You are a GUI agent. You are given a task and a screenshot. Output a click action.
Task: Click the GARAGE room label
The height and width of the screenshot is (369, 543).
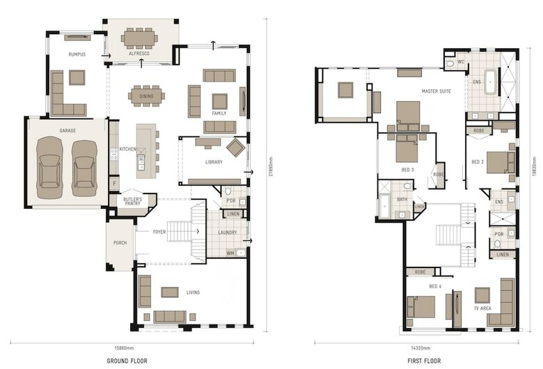tap(68, 131)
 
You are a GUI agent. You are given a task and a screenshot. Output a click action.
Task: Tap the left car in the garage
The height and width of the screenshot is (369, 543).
tap(49, 167)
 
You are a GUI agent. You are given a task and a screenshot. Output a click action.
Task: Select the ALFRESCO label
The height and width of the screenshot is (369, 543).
tap(139, 54)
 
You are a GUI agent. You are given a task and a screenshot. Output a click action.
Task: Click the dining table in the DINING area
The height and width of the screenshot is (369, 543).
tap(146, 96)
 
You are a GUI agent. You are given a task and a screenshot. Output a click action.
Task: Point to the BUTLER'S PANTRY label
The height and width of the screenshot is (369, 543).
tap(133, 201)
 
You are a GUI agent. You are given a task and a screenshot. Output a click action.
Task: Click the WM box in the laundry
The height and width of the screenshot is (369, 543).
tap(230, 253)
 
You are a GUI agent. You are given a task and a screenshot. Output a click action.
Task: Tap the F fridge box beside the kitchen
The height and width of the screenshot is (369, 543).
tap(114, 183)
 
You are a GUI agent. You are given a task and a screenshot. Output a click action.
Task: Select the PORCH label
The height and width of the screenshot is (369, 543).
tap(120, 243)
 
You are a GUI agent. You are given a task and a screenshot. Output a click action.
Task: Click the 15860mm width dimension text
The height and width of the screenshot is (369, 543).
tap(124, 348)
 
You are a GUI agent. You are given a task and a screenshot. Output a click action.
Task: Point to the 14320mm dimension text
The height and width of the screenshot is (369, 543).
tap(420, 348)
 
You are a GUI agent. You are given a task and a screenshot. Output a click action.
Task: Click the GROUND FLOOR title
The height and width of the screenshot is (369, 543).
tap(127, 361)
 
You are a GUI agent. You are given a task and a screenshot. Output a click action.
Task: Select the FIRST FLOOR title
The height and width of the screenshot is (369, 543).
tap(424, 361)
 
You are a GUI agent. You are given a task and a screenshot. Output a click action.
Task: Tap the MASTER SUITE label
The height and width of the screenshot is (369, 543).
tap(436, 91)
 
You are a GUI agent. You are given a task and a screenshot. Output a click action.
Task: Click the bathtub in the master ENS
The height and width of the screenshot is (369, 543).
tap(490, 82)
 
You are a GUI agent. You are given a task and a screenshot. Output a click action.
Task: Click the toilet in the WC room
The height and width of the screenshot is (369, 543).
tap(450, 64)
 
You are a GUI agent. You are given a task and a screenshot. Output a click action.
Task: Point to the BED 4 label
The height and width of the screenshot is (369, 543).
tap(435, 287)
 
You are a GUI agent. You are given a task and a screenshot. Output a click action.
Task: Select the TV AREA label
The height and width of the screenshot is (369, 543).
tap(482, 308)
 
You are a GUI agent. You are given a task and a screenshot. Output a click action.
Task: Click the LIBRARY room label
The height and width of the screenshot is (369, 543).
tap(214, 162)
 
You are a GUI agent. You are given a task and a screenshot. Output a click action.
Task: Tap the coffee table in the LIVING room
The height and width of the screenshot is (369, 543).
tap(170, 292)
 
